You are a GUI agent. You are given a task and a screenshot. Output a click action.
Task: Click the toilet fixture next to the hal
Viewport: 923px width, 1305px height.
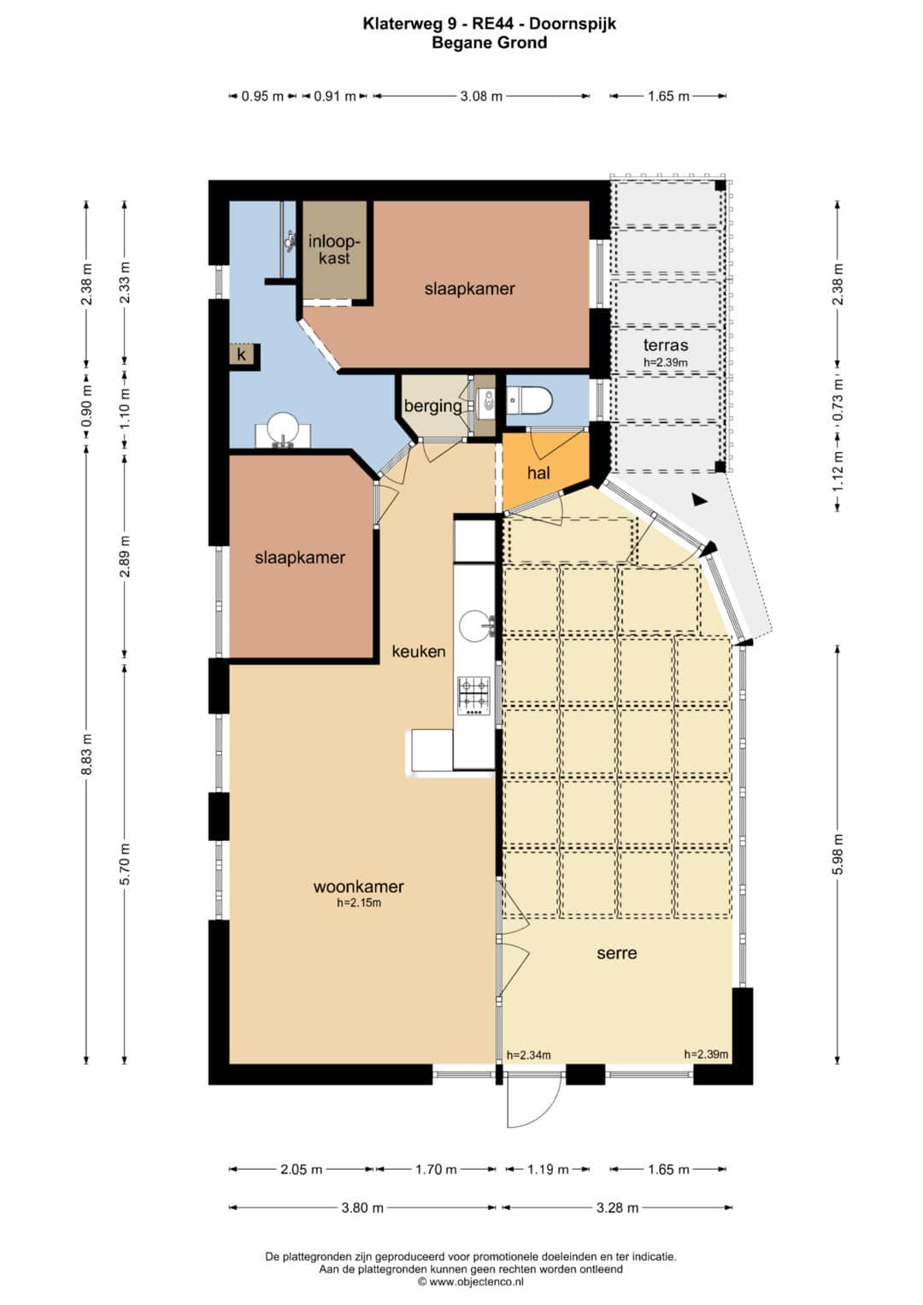(x=528, y=400)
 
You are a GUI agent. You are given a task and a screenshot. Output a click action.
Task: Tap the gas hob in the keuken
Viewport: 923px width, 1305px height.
(x=473, y=696)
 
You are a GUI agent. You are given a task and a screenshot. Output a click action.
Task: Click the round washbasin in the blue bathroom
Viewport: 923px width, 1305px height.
(x=283, y=428)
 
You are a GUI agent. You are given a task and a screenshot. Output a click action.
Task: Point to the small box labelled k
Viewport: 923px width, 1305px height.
(x=241, y=354)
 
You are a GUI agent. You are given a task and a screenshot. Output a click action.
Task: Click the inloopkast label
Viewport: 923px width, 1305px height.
(x=334, y=250)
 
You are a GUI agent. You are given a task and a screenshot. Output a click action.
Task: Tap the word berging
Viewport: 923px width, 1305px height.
(x=432, y=406)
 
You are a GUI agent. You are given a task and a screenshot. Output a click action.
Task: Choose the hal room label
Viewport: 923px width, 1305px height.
(x=538, y=473)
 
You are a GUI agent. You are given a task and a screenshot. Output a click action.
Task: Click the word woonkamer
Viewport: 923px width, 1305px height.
(x=358, y=886)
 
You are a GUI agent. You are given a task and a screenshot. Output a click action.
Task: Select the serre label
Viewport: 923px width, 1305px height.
(x=616, y=953)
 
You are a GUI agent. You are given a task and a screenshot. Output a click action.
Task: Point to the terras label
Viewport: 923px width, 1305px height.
(x=666, y=344)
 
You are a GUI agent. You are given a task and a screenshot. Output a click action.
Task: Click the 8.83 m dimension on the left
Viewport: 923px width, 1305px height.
(x=87, y=754)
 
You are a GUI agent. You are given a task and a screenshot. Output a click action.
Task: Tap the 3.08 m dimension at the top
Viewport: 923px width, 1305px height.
(x=481, y=96)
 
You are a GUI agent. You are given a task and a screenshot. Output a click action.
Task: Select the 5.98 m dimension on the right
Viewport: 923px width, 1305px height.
(x=838, y=854)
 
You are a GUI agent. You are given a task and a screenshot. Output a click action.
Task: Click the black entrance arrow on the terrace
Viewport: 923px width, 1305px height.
(x=699, y=499)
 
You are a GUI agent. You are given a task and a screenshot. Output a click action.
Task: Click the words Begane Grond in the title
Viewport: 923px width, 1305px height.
(x=490, y=43)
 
